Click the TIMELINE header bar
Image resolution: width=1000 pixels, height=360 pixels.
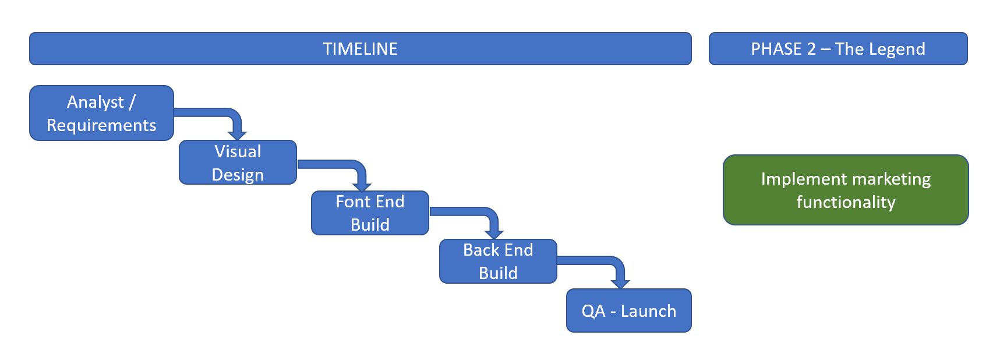tap(360, 48)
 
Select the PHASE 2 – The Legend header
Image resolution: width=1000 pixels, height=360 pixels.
tap(838, 48)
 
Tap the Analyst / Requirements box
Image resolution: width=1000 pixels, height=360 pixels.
tap(101, 113)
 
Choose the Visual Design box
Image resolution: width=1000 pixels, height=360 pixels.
tap(238, 163)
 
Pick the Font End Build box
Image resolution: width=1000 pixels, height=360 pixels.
tap(370, 213)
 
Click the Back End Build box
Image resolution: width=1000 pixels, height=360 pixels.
tap(498, 262)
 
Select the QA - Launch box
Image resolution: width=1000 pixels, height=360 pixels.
tap(629, 310)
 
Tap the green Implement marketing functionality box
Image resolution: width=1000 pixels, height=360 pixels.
tap(846, 190)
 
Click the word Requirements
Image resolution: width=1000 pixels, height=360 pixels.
tap(101, 125)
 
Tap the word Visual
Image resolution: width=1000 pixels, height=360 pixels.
tap(238, 151)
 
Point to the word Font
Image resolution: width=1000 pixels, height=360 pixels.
tap(352, 202)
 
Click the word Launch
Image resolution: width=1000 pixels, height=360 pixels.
tap(648, 311)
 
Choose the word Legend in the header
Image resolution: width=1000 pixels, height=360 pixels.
tap(897, 49)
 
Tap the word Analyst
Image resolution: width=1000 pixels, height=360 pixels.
tap(96, 103)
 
